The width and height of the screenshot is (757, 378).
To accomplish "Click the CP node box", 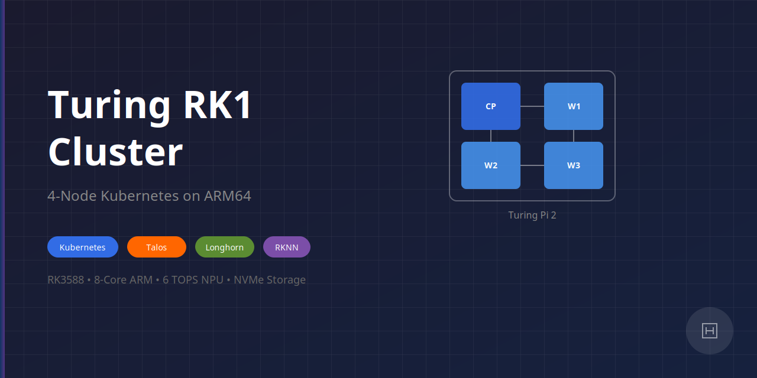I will point(491,106).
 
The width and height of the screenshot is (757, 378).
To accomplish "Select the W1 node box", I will point(574,106).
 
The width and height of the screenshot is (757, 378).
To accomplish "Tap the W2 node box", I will point(491,165).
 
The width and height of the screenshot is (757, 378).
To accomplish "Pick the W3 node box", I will point(574,165).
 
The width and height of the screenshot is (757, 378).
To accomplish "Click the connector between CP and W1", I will point(532,106).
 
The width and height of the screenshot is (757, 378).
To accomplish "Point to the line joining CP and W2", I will point(491,136).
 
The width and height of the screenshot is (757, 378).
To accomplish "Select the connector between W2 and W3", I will point(532,165).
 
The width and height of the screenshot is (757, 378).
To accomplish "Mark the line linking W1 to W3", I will point(574,136).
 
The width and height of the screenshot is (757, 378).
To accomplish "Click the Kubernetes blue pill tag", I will point(83,247).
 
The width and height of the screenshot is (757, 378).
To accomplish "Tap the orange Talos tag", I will point(157,247).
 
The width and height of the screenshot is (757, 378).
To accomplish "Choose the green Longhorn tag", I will point(225,247).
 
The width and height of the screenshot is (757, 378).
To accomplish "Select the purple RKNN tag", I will point(287,247).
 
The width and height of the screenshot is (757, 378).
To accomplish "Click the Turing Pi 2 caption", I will point(532,215).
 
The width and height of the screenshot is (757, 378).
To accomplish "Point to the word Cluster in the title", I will point(115,152).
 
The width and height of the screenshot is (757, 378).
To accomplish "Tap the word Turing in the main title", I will point(109,105).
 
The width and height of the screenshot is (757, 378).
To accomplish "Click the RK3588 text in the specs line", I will point(66,279).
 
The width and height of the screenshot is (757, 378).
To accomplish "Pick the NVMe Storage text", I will point(270,279).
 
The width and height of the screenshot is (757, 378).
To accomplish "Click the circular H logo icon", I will point(710,331).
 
